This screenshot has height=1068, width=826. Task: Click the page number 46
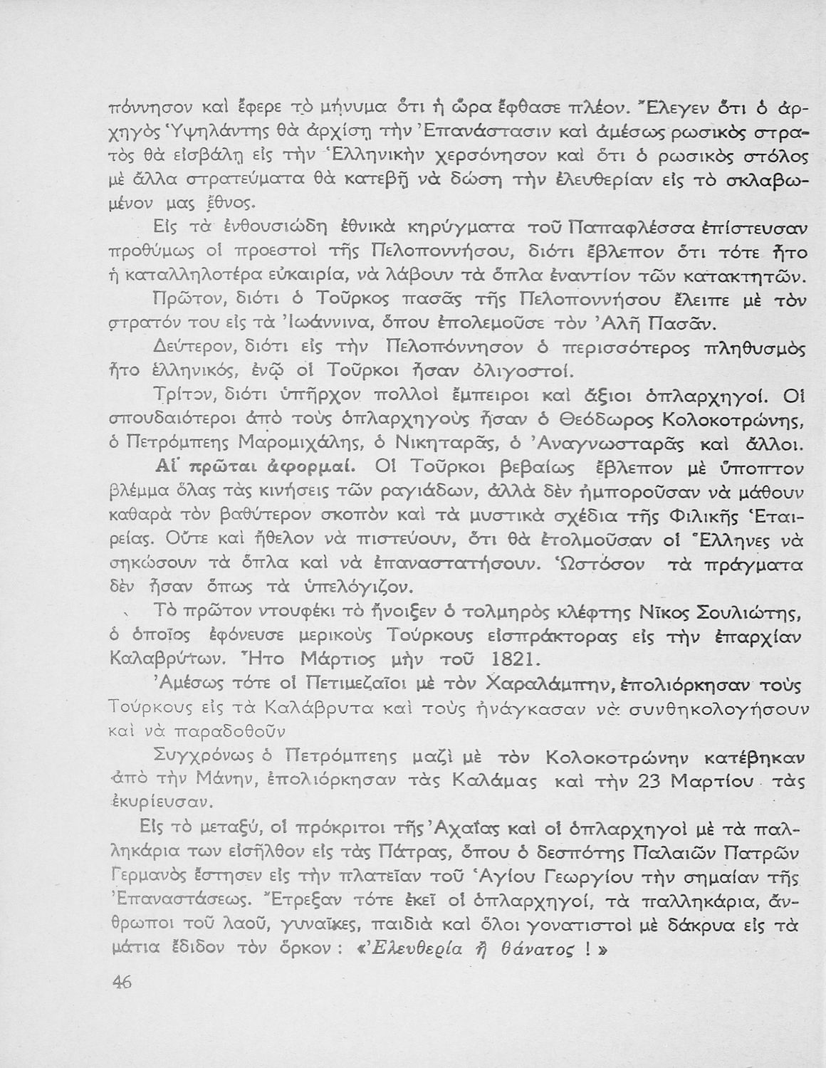pyautogui.click(x=122, y=981)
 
